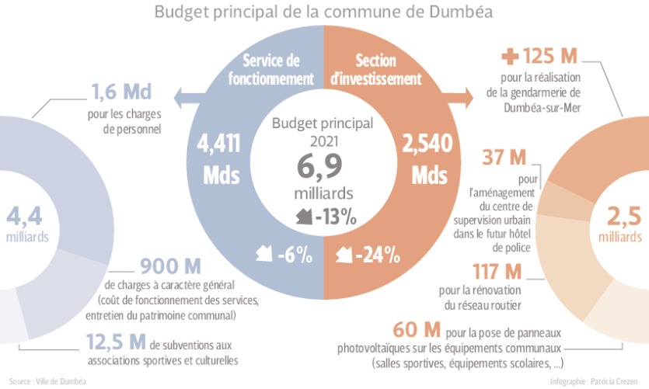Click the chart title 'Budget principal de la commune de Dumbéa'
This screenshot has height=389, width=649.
point(323,12)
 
